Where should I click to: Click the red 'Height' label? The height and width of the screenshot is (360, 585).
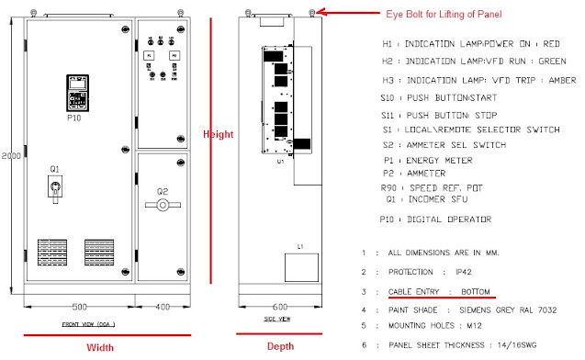(x=219, y=134)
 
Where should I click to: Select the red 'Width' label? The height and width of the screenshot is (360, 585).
(x=100, y=347)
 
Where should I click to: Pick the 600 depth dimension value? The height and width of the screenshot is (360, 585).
(x=279, y=307)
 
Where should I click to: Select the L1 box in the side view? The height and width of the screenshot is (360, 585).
(x=302, y=265)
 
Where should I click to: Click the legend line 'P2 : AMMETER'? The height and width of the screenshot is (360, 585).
(x=431, y=173)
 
